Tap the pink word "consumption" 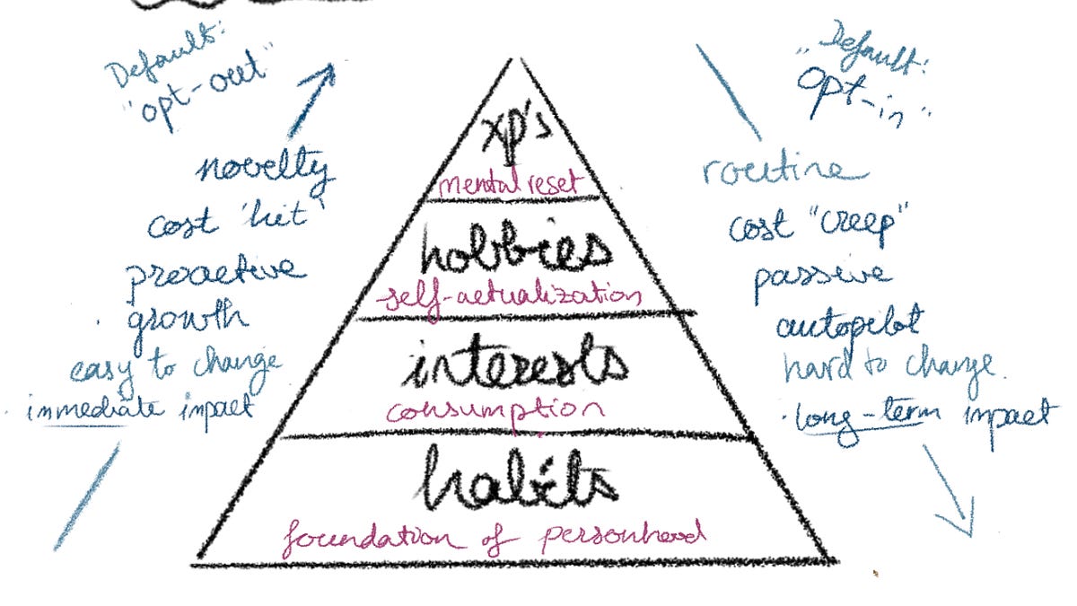pos(491,411)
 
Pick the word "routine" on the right pos(784,171)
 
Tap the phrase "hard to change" pos(887,367)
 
